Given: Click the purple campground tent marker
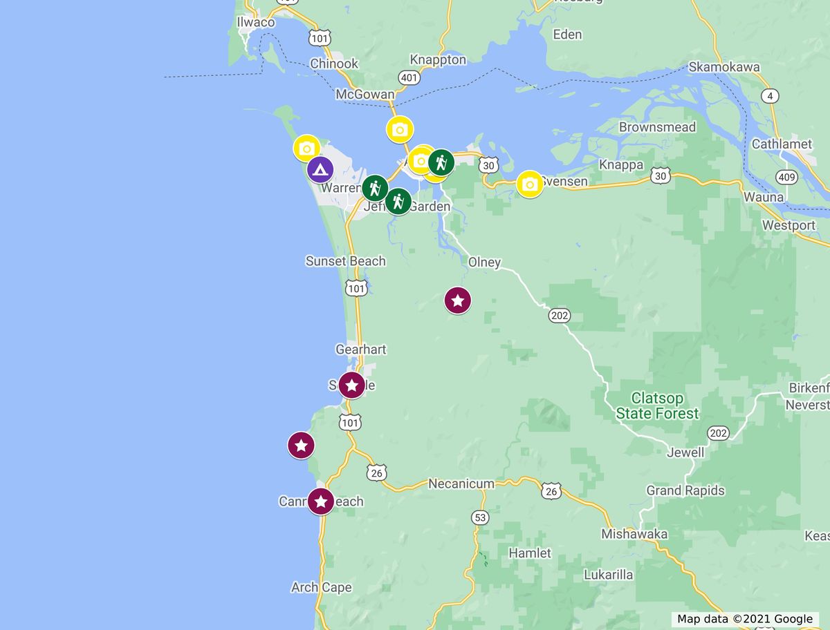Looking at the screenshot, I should click(320, 169).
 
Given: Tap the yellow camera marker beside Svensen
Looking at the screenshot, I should click(530, 184).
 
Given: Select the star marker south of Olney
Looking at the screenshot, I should click(457, 300).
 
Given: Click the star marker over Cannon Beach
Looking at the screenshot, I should click(320, 502).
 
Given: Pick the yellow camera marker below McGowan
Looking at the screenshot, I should click(399, 129).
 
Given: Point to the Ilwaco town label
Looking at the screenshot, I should click(255, 22).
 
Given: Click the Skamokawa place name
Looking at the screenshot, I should click(723, 67).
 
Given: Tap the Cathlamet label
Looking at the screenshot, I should click(782, 144).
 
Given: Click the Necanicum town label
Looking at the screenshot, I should click(461, 484).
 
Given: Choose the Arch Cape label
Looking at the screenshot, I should click(321, 587).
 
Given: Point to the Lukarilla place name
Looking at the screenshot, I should click(608, 574).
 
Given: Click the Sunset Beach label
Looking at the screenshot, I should click(345, 261).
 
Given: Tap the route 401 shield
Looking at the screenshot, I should click(409, 77).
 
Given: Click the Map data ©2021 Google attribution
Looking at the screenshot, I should click(744, 619).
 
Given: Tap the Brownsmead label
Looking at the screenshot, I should click(657, 127).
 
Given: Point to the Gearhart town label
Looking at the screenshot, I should click(360, 350).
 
